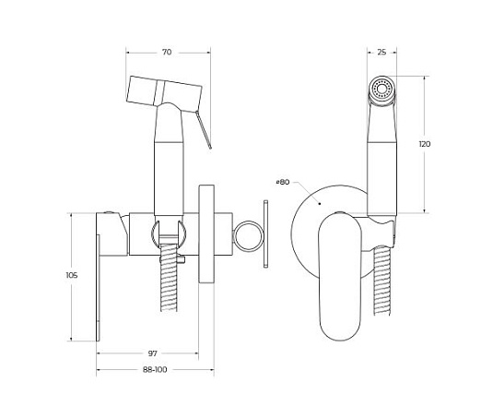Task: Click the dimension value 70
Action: pos(167,52)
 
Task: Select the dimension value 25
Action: pos(381,53)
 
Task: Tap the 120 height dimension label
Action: pos(425,144)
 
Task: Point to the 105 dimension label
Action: pos(72,275)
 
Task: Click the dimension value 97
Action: pos(152,353)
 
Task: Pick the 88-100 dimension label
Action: pos(155,369)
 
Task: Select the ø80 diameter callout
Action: pos(282,182)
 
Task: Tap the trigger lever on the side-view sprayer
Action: pos(204,130)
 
